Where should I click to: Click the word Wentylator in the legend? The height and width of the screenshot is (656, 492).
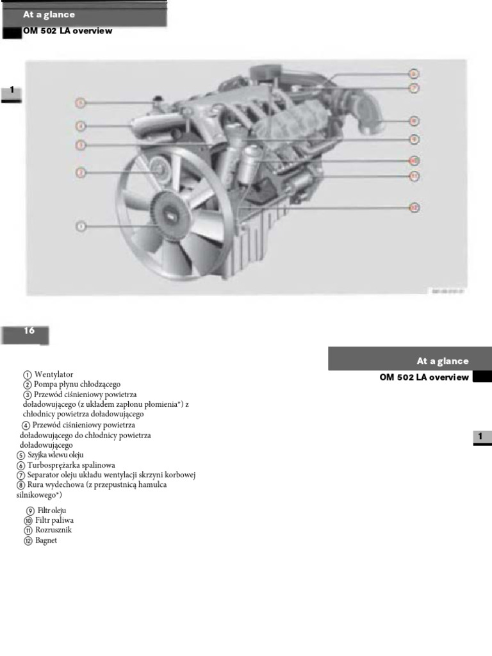(x=54, y=374)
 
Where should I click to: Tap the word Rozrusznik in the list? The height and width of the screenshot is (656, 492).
(x=53, y=530)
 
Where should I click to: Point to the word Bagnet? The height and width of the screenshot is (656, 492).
(x=46, y=540)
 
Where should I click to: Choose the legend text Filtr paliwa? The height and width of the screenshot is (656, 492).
(x=54, y=520)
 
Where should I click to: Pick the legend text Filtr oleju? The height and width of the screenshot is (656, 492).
(x=52, y=510)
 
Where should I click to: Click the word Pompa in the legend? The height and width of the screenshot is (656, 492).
(x=45, y=384)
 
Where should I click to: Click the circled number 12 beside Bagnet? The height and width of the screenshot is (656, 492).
(x=28, y=541)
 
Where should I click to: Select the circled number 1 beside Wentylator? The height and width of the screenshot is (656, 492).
(x=28, y=375)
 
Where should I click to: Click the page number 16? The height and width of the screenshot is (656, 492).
(x=29, y=331)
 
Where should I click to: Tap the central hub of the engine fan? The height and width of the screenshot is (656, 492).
(x=170, y=215)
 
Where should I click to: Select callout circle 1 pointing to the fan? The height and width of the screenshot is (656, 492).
(x=81, y=225)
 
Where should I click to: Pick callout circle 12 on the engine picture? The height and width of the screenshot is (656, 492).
(x=414, y=207)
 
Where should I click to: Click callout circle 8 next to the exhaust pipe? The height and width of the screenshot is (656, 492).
(x=414, y=120)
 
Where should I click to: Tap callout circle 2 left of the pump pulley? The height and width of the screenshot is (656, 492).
(x=81, y=172)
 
